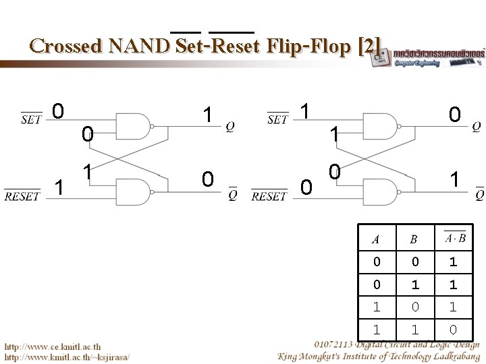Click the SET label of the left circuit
(x=31, y=120)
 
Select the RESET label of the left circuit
(x=22, y=197)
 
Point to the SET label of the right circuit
(x=277, y=120)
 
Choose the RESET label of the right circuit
(x=269, y=197)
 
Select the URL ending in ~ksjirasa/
(x=67, y=355)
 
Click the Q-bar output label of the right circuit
(x=479, y=195)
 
